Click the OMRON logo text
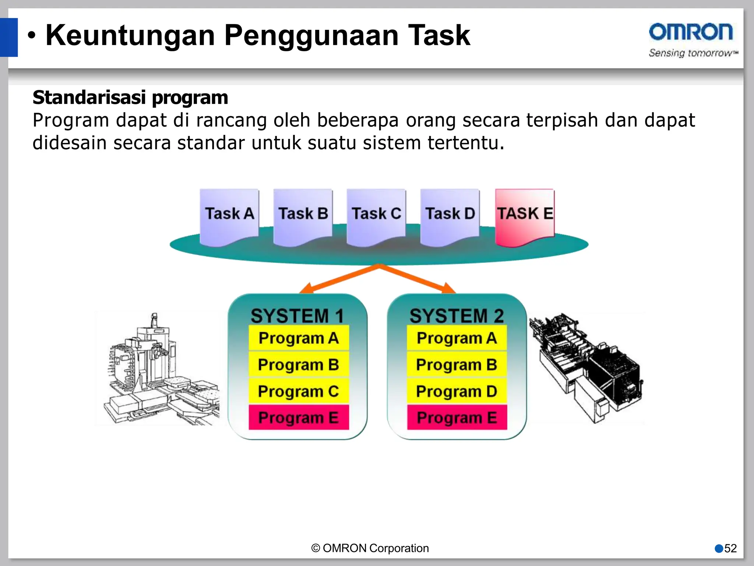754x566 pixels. click(x=691, y=32)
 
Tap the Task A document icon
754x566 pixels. click(x=229, y=216)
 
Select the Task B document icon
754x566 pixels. click(x=303, y=216)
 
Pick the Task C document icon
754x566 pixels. click(x=376, y=216)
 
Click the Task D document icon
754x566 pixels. click(x=450, y=216)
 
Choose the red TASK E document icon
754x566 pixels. click(x=525, y=216)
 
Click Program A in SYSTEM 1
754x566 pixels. click(x=299, y=338)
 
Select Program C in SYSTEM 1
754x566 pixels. click(x=299, y=391)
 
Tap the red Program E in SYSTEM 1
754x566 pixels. click(x=299, y=418)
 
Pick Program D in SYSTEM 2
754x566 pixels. click(x=457, y=391)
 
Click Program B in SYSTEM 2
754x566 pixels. click(x=457, y=365)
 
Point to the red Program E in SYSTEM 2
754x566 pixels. click(x=457, y=418)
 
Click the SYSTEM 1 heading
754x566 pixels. click(x=297, y=316)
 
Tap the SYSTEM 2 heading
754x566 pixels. click(x=457, y=316)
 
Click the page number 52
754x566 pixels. click(x=730, y=548)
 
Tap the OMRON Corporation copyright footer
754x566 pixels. click(x=370, y=548)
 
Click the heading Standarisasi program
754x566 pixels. click(x=130, y=98)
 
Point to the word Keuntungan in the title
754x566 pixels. click(x=130, y=35)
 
